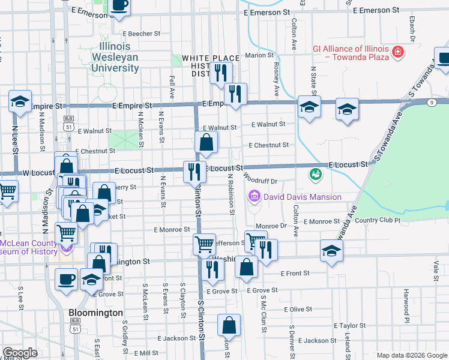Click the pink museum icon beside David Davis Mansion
(x=253, y=196)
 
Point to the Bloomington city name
(x=95, y=313)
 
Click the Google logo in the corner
(x=20, y=353)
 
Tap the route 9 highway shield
(x=432, y=103)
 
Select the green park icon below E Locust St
(x=314, y=175)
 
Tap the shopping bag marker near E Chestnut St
(x=206, y=143)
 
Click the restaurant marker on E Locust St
(x=194, y=171)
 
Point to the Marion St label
(x=259, y=55)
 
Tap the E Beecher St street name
(x=139, y=34)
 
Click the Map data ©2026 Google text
(x=411, y=355)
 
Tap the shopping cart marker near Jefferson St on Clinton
(x=204, y=244)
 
